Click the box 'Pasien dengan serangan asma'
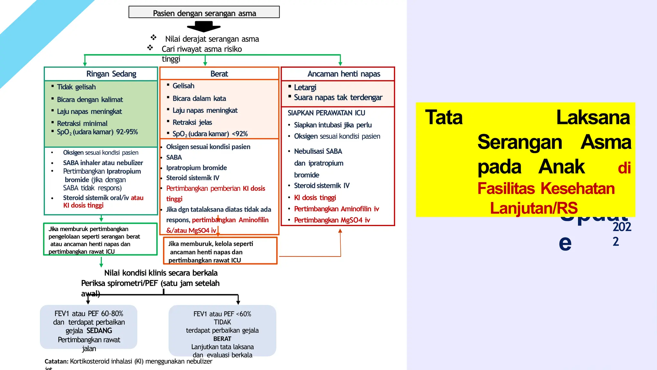click(204, 12)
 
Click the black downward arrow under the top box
click(204, 26)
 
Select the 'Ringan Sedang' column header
click(111, 74)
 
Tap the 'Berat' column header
click(219, 74)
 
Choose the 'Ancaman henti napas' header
click(344, 74)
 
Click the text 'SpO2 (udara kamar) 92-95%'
click(97, 132)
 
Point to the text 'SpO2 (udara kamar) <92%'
click(210, 134)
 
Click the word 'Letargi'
click(305, 87)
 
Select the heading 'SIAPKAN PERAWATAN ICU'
click(326, 113)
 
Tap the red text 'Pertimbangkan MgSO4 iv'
click(332, 220)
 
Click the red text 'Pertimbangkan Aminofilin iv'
click(336, 209)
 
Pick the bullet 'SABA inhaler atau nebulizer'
click(103, 163)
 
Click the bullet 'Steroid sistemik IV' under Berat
click(192, 178)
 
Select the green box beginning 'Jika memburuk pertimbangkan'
click(100, 240)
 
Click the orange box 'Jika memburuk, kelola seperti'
click(220, 251)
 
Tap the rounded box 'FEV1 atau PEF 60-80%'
click(89, 327)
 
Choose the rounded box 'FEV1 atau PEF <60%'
click(222, 331)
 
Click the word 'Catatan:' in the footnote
click(56, 361)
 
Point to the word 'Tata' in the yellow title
click(444, 117)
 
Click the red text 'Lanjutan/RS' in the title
click(533, 208)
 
